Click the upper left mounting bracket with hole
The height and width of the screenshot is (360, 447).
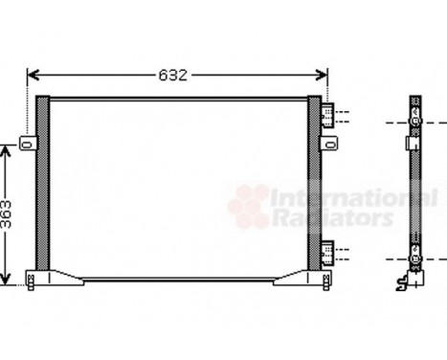pos(28,145)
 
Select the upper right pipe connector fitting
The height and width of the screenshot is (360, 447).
pos(328,116)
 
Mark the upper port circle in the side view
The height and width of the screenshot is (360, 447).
pos(413,123)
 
